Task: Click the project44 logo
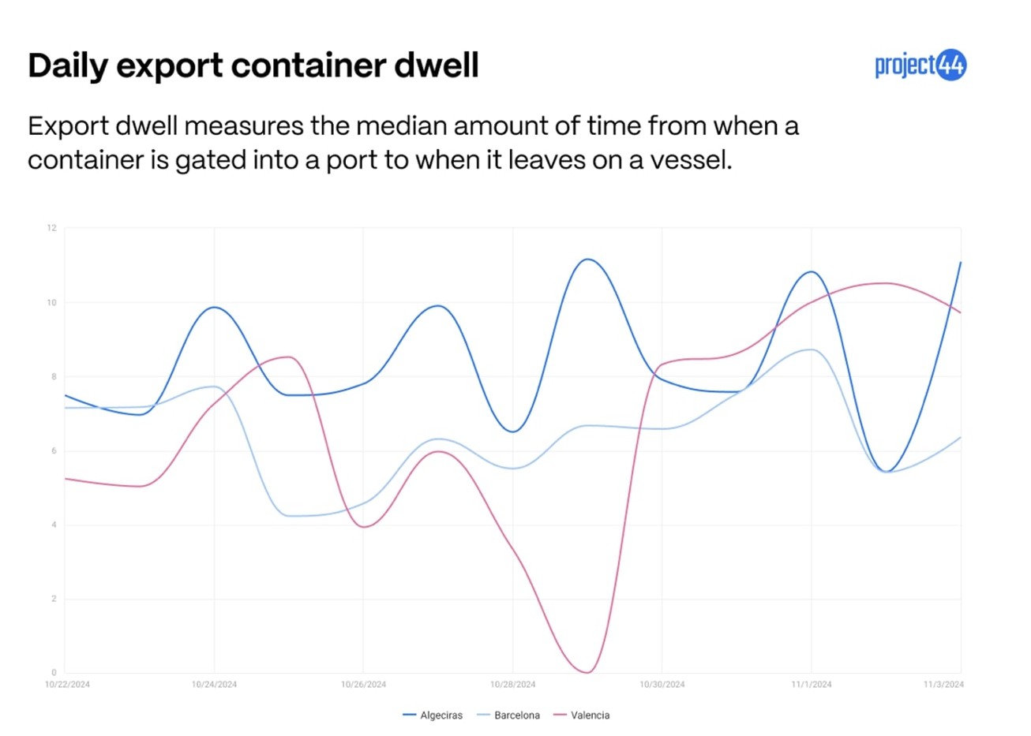pos(920,65)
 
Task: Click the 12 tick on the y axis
pos(52,228)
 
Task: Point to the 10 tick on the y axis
pos(52,303)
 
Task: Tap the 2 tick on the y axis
pos(54,599)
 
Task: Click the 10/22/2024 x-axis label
pos(67,685)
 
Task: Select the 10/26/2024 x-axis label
pos(363,685)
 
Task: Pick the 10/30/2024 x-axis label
pos(662,685)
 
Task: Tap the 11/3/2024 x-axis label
pos(943,685)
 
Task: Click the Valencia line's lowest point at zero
pos(587,672)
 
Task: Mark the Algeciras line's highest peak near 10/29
pos(587,260)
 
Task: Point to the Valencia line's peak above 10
pos(886,283)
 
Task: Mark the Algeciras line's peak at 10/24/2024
pos(215,308)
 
